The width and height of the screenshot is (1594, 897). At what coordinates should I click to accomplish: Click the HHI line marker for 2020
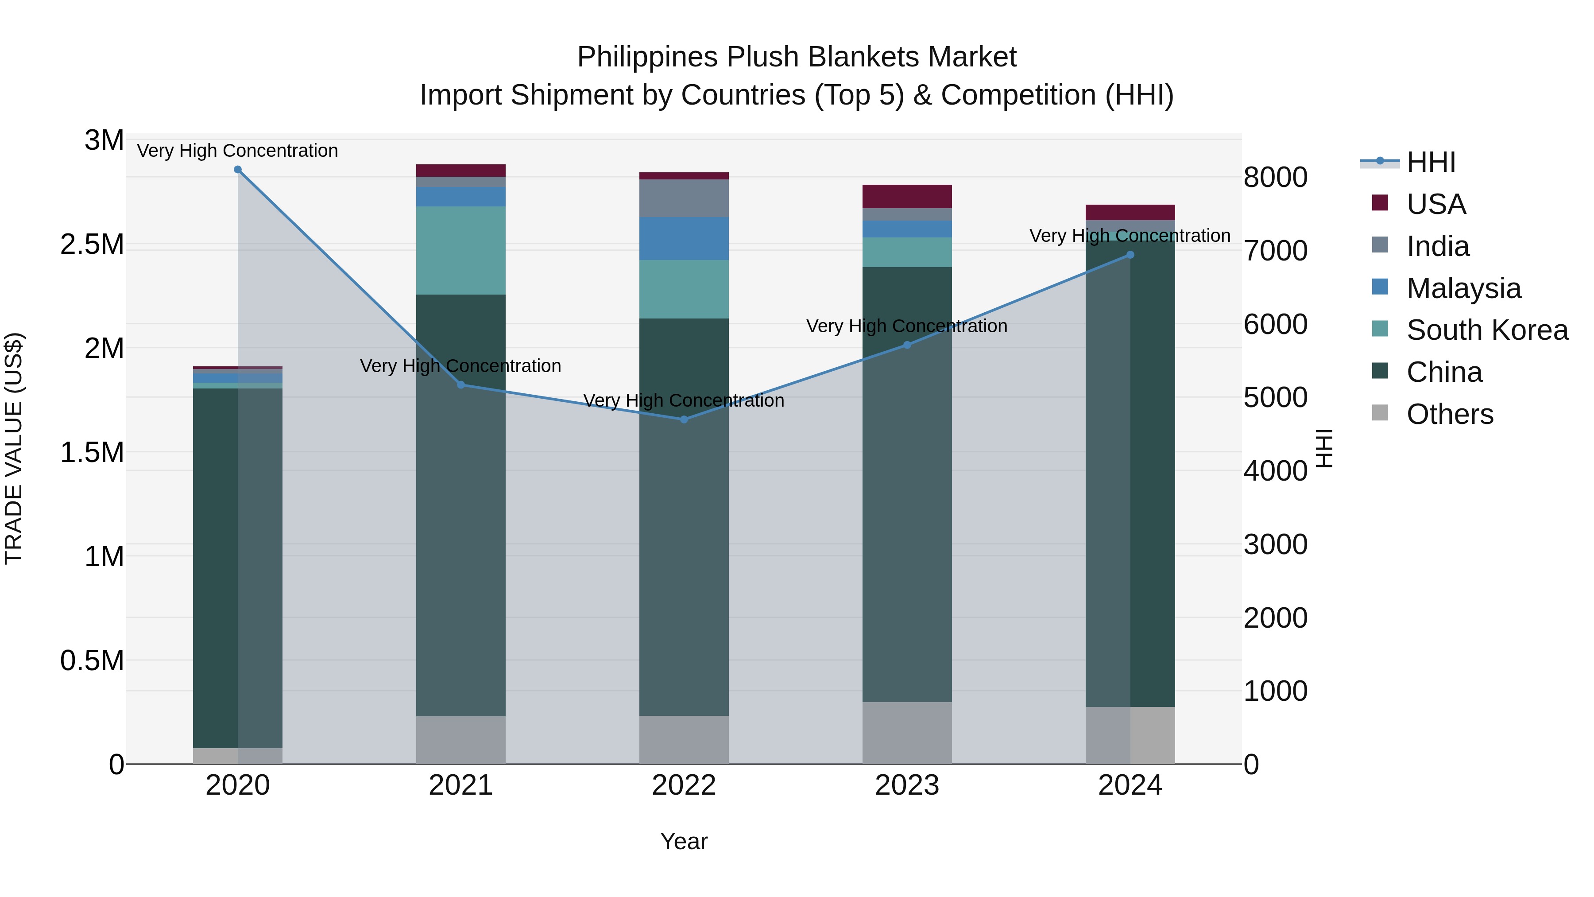(x=238, y=170)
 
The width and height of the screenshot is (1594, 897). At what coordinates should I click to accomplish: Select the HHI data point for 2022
(x=684, y=420)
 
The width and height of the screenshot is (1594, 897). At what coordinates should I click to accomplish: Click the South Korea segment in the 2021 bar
(x=460, y=251)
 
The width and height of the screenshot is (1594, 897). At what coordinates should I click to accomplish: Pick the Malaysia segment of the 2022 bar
(x=684, y=239)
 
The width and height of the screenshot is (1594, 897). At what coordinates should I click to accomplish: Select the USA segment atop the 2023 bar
(x=907, y=197)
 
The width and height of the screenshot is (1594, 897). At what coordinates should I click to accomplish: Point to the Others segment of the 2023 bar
(x=907, y=733)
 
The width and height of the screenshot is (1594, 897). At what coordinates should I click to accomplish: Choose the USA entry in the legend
(x=1435, y=204)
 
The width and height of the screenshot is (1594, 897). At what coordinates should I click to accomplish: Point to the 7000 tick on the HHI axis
(x=1275, y=251)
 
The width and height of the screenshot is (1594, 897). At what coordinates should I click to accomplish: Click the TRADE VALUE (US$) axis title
(x=14, y=448)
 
